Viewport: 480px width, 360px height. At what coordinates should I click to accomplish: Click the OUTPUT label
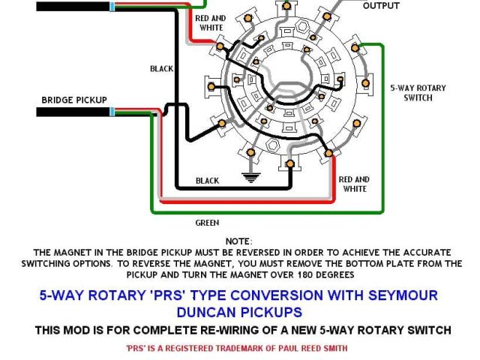[x=382, y=6]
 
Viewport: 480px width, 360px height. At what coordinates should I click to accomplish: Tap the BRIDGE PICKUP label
[x=74, y=100]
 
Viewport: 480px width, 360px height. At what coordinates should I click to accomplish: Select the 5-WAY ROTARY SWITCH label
[x=418, y=93]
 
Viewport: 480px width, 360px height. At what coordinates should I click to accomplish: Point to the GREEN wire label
[x=207, y=222]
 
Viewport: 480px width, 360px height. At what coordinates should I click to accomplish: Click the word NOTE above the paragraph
[x=238, y=241]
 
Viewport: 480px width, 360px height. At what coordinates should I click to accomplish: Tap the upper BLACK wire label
[x=161, y=68]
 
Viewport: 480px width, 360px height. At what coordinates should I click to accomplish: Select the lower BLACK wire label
[x=207, y=181]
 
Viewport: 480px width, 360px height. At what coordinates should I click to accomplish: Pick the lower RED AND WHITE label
[x=354, y=184]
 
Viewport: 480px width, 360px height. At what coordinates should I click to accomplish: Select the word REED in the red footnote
[x=316, y=348]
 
